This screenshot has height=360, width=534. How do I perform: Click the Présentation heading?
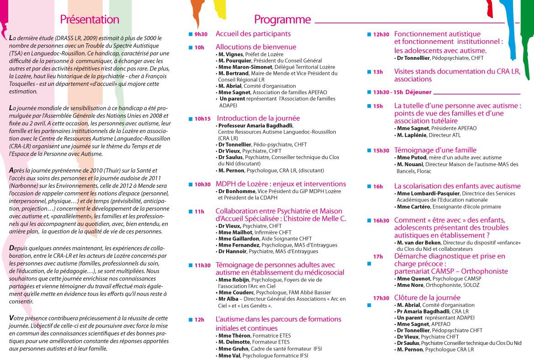coord(90,20)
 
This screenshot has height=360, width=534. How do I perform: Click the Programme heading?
coord(282,20)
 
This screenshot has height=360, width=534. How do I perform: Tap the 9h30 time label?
coord(201,34)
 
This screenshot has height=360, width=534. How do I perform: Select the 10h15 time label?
coord(202,119)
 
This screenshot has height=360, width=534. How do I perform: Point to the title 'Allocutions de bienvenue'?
coord(256,47)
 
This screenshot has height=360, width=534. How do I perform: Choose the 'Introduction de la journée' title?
coord(258,118)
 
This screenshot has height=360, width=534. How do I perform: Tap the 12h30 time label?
coord(381,34)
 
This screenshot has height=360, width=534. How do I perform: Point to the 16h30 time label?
coord(381,221)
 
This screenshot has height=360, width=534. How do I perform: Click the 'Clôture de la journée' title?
coord(427,297)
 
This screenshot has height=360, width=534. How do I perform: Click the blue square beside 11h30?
coord(190,265)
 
